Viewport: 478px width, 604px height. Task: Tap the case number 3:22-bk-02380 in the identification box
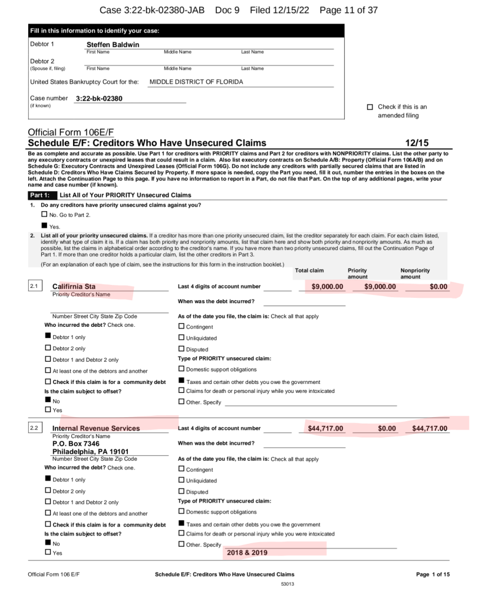coord(99,99)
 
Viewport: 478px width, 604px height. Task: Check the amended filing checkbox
coord(370,107)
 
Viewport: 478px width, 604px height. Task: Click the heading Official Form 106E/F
coord(70,132)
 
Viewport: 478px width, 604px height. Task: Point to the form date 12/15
coord(417,143)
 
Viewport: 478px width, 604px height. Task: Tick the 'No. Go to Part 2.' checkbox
coord(44,215)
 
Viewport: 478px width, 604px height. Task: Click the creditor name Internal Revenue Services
coord(96,428)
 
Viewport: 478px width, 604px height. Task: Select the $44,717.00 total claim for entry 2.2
coord(325,428)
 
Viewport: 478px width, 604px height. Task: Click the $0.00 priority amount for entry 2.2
coord(387,428)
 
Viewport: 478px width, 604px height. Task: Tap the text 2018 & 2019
coord(247,553)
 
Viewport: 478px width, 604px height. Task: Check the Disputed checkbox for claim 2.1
coord(182,349)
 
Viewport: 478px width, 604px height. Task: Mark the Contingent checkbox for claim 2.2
coord(182,470)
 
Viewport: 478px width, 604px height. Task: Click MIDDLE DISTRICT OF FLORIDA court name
coord(196,82)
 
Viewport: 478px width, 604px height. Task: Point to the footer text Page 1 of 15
coord(433,574)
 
